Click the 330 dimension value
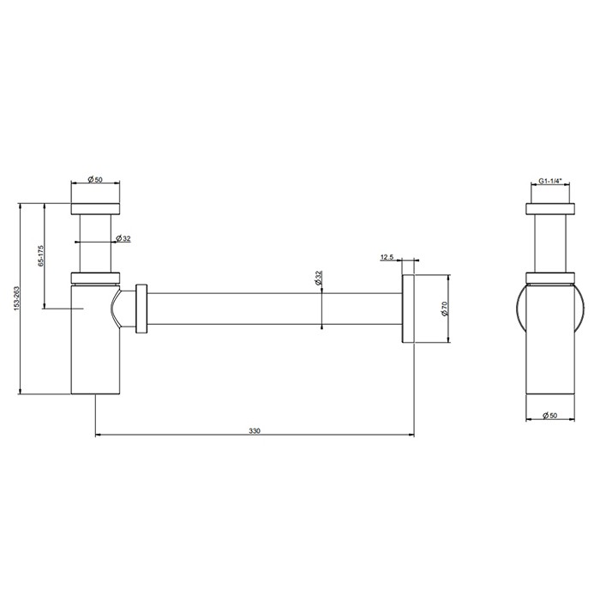254,431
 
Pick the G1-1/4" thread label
549,182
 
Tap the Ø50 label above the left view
94,180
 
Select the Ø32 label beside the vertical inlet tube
123,238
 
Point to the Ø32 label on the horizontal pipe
318,279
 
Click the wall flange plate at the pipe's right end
408,309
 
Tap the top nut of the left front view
94,208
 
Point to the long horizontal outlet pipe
274,309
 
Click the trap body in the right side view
549,343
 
